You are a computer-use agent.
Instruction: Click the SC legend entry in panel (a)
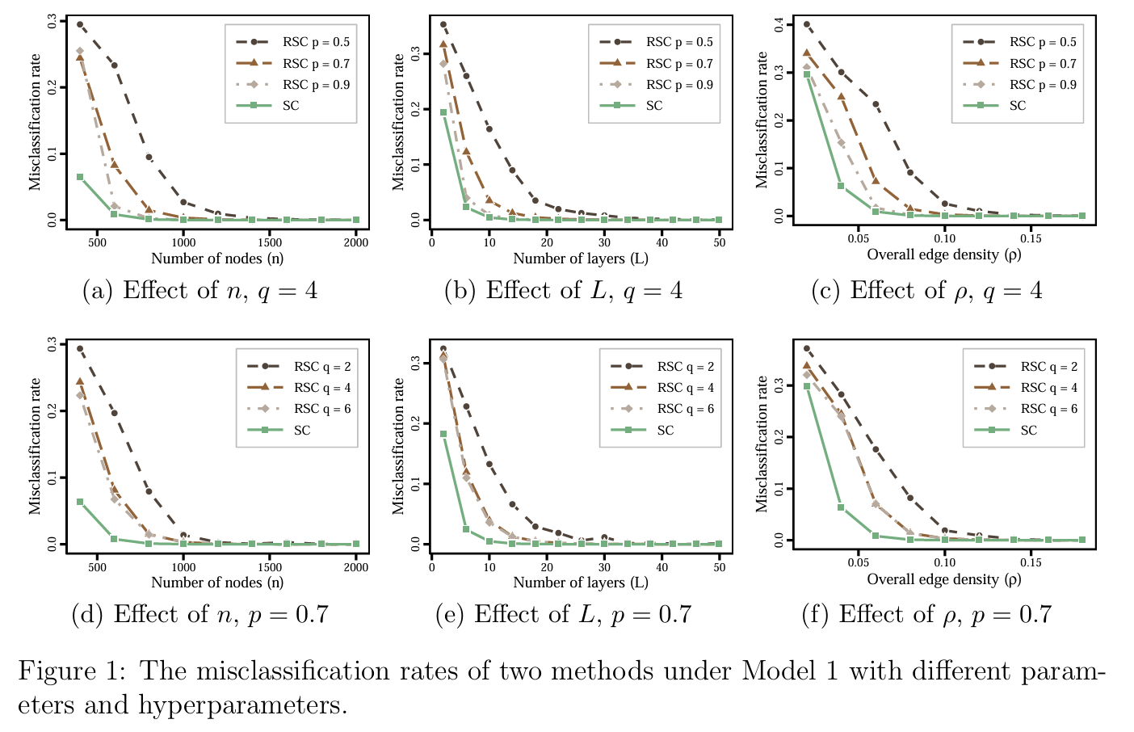point(291,106)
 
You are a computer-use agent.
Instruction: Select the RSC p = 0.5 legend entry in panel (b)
point(679,42)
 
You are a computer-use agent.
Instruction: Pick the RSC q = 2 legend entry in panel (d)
point(322,367)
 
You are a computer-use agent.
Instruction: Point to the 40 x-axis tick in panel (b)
point(662,242)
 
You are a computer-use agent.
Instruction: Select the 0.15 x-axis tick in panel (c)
point(1031,238)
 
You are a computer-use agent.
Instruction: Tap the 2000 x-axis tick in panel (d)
point(355,567)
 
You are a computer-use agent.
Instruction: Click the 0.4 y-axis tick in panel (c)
point(779,25)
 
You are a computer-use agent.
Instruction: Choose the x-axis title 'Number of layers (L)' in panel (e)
point(581,583)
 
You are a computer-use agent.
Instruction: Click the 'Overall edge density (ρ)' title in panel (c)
point(944,255)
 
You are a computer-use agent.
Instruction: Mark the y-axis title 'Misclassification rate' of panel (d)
point(35,446)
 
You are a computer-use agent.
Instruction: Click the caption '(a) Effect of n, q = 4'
point(200,291)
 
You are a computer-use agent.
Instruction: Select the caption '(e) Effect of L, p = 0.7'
point(563,615)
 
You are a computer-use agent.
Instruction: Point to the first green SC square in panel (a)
point(80,177)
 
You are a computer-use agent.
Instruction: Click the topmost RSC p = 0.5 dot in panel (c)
point(806,25)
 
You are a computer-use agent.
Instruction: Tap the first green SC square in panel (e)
point(443,434)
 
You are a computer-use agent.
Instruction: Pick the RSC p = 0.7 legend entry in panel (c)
point(1043,63)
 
